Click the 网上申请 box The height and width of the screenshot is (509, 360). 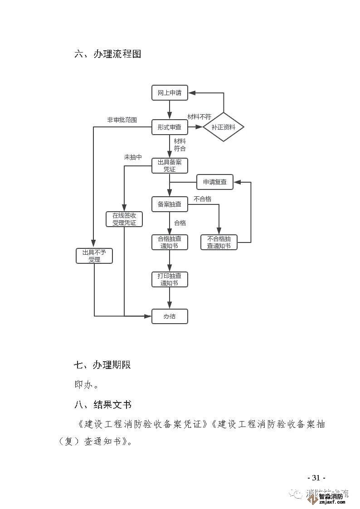click(169, 93)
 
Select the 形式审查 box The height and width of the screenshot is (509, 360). click(169, 127)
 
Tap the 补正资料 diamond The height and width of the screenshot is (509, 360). click(223, 127)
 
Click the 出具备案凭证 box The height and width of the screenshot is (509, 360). click(169, 165)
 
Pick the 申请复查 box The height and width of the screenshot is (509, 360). click(214, 182)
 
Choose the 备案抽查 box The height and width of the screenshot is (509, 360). click(169, 204)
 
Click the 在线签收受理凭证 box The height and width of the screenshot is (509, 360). click(124, 219)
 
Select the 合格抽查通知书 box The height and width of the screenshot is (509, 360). click(169, 242)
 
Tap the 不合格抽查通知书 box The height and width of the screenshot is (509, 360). click(219, 242)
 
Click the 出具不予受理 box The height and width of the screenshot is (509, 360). click(94, 256)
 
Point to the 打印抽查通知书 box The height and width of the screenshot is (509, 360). click(169, 279)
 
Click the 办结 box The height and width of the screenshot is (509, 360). click(169, 316)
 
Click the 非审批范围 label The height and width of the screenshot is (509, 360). click(122, 120)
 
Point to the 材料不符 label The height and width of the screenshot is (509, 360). click(199, 117)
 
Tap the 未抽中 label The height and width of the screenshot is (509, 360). click(133, 157)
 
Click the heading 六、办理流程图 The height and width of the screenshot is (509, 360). click(108, 54)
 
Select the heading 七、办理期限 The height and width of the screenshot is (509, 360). click(102, 365)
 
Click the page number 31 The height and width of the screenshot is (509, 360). click(316, 478)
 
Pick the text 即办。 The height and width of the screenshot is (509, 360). click(86, 385)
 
